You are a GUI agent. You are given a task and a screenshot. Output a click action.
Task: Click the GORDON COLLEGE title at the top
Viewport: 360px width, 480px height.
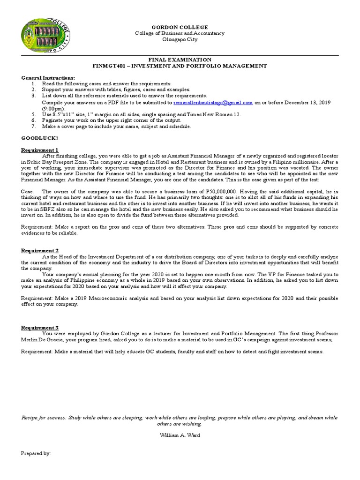[180, 28]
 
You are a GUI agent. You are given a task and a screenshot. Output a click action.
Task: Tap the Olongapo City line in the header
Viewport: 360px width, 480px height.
[180, 39]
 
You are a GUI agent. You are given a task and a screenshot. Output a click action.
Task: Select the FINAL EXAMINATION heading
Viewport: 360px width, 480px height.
[180, 60]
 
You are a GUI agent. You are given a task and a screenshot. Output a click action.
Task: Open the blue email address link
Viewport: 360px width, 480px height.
[213, 102]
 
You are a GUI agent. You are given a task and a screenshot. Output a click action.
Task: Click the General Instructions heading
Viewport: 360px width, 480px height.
[48, 77]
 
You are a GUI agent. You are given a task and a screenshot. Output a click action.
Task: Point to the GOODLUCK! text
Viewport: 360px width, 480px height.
[40, 138]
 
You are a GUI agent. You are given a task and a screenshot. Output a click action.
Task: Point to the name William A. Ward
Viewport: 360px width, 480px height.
[180, 435]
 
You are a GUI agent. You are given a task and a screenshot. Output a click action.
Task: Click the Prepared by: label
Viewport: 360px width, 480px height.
[36, 454]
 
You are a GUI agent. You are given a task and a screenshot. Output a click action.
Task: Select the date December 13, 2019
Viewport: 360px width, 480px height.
[310, 102]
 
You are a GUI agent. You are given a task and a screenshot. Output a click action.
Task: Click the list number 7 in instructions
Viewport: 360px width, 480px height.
[33, 126]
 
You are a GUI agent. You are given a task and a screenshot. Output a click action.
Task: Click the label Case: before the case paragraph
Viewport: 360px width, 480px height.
[28, 191]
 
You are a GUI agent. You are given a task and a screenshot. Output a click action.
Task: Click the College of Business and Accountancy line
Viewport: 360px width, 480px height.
[180, 33]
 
